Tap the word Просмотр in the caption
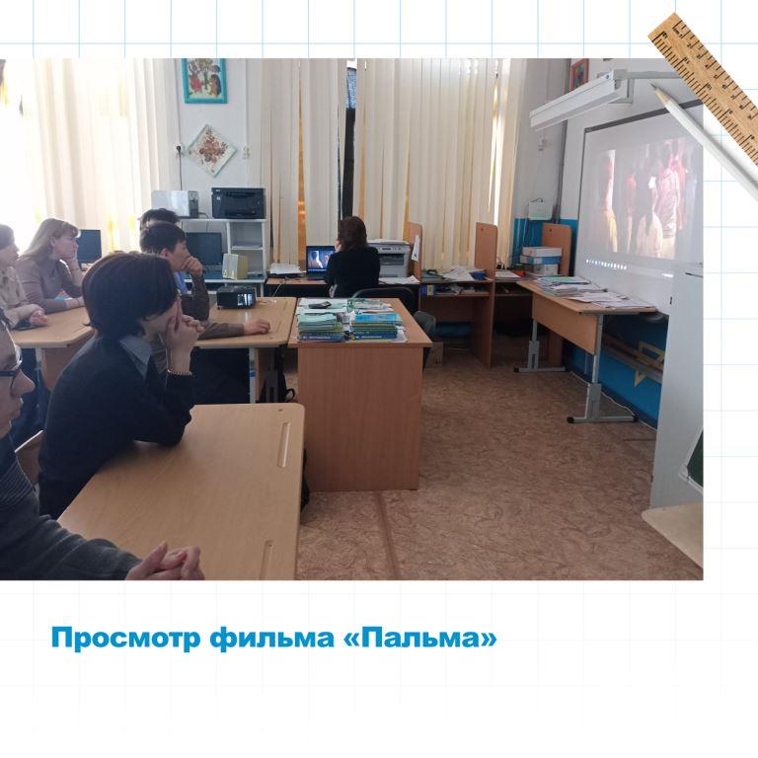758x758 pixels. (x=125, y=640)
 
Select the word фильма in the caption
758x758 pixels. (x=271, y=639)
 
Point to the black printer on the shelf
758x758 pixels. (x=238, y=203)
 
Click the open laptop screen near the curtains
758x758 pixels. (x=320, y=261)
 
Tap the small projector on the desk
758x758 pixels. (x=236, y=297)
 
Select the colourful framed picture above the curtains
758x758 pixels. (x=204, y=81)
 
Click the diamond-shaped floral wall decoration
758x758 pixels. (x=211, y=150)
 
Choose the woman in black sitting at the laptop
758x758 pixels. (x=352, y=258)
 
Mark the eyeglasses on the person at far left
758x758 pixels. (x=11, y=365)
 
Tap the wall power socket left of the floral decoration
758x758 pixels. (x=179, y=150)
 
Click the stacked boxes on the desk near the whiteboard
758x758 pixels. (x=541, y=262)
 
